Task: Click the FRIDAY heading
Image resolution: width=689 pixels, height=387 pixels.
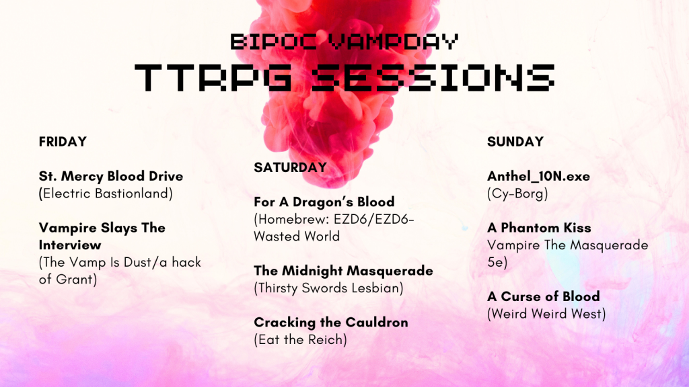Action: [63, 142]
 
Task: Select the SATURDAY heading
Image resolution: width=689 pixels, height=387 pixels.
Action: [291, 167]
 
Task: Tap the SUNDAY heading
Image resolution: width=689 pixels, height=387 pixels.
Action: [515, 142]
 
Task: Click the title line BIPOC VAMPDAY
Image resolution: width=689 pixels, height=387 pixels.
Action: [344, 42]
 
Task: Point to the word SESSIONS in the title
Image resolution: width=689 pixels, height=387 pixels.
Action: [434, 77]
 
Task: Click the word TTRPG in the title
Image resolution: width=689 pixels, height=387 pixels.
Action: [213, 77]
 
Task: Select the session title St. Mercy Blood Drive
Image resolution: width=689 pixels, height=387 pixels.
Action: [111, 176]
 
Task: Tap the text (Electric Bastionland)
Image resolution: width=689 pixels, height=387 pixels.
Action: [106, 193]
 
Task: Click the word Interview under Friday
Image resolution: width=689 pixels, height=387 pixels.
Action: [70, 245]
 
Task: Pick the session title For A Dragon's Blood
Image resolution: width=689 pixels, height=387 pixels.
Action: [324, 202]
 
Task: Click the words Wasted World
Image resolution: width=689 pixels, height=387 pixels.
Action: [297, 236]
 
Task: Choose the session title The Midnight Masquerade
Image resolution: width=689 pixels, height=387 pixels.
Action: [344, 271]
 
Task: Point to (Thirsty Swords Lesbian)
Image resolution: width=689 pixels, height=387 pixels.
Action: [328, 288]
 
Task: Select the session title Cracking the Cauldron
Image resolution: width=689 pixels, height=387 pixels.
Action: [331, 322]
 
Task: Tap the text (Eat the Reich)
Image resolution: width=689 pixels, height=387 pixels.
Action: [301, 339]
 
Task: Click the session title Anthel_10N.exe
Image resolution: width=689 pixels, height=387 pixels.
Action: [539, 177]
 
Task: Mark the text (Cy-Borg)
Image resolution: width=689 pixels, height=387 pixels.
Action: [517, 193]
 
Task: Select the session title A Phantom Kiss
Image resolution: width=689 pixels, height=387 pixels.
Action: [539, 228]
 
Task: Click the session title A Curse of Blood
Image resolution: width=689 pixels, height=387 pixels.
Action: [544, 296]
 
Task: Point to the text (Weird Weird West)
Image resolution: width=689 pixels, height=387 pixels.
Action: [546, 314]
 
